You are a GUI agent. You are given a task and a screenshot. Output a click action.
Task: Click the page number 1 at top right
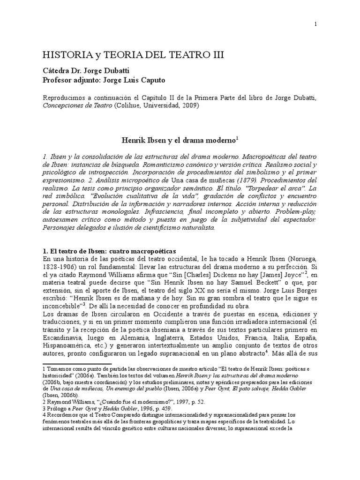coord(315,24)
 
